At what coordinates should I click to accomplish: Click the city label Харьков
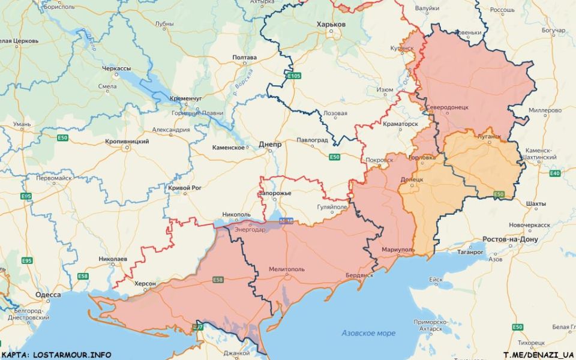pos(331,25)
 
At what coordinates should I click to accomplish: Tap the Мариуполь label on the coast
pos(398,249)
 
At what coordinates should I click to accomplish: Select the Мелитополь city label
pos(286,269)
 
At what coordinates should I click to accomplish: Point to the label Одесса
pos(47,295)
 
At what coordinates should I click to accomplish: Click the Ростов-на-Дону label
pos(511,239)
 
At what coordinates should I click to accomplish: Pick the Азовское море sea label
pos(368,333)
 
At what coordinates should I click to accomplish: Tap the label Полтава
pos(244,58)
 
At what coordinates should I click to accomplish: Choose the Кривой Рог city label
pos(184,188)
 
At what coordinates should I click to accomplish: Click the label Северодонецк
pos(447,107)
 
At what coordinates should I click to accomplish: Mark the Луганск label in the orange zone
pos(489,136)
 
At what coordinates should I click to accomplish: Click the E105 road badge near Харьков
pos(293,76)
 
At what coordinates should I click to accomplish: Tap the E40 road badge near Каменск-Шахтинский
pos(555,173)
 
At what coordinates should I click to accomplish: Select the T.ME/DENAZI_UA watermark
pos(538,355)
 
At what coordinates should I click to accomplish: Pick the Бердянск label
pos(359,275)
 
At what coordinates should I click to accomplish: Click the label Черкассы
pos(116,68)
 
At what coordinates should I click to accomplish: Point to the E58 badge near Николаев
pos(83,275)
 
